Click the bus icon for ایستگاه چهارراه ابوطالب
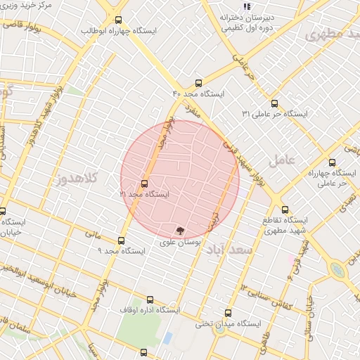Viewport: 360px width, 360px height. coord(117,20)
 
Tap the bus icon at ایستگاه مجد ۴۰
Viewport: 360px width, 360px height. coord(198,82)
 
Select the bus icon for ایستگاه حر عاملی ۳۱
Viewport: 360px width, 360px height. coord(274,102)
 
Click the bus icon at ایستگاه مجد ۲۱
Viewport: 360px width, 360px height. coord(145,184)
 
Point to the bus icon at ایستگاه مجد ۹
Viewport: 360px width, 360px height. coord(122,240)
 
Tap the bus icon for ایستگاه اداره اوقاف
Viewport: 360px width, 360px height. coord(149,299)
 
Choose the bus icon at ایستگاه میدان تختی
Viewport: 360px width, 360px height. coord(227,313)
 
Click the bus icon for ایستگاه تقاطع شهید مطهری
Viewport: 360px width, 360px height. coord(285,209)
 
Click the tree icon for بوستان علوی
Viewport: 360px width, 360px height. coord(181,231)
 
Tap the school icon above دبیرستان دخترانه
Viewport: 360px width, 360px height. coord(246,6)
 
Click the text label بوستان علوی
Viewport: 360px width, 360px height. coord(181,242)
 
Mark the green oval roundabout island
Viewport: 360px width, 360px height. coord(339,269)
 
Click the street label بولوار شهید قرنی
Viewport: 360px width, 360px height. coord(247,155)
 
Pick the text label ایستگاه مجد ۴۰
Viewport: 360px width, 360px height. coord(198,94)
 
